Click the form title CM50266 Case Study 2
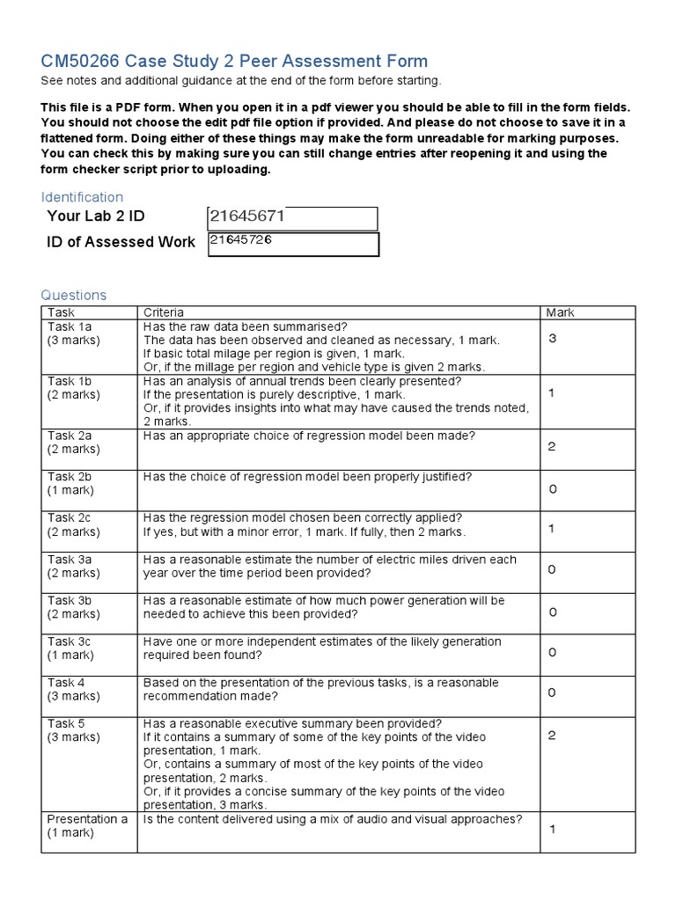[234, 61]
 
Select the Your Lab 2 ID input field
[292, 218]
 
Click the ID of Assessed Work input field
[292, 244]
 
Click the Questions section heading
[74, 296]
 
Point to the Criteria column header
[164, 312]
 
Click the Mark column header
[560, 312]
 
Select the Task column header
[62, 312]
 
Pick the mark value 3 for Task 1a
[553, 339]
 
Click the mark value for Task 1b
[552, 393]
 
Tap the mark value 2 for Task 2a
[552, 447]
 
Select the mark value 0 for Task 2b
[552, 489]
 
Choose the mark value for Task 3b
[552, 612]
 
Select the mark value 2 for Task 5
[552, 736]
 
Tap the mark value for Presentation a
[552, 829]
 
